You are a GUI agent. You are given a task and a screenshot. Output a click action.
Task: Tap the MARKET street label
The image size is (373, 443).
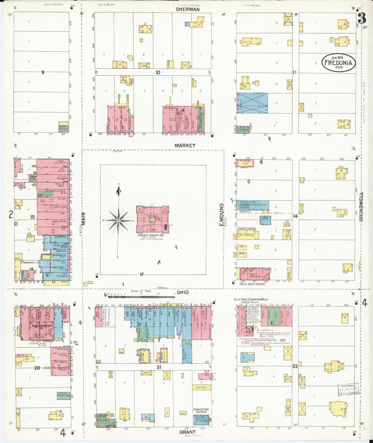[x=185, y=146]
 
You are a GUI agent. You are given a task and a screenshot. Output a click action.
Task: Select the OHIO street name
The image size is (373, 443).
[x=182, y=292]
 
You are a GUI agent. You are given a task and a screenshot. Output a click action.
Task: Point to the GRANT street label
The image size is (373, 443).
[x=187, y=432]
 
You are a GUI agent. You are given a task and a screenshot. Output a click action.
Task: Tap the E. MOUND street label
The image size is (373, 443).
[x=221, y=214]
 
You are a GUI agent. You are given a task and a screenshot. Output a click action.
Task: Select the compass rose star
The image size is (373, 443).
[x=118, y=220]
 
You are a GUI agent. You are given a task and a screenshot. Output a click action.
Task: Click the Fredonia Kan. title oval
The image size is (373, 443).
[x=338, y=62]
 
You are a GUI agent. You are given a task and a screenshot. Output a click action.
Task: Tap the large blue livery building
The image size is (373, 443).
[x=252, y=103]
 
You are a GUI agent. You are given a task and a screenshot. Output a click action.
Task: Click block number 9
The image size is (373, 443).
[x=43, y=73]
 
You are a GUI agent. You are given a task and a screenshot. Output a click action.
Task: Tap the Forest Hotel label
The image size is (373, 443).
[x=247, y=228]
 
